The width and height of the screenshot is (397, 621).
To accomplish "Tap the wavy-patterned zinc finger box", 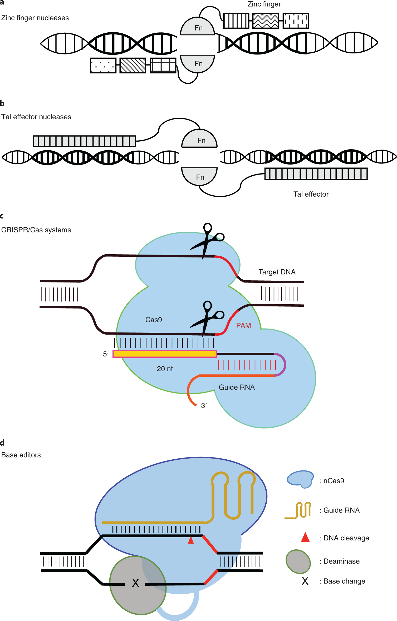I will [x=265, y=21].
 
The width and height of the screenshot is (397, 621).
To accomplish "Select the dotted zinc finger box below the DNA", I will [x=103, y=66].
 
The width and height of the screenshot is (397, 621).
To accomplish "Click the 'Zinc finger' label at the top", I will [x=264, y=4].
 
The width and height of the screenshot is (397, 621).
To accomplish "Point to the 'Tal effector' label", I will [x=311, y=194].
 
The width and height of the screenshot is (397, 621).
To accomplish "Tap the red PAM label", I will [x=243, y=326].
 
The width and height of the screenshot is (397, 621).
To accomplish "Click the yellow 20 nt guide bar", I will [x=165, y=354].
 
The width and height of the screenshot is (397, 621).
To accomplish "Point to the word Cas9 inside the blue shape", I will [x=154, y=320].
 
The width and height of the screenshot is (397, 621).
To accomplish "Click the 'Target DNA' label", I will [x=277, y=272].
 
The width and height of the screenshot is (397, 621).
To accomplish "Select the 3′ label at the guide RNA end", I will [x=204, y=406].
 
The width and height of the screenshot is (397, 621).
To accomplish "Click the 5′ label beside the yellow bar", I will [x=106, y=354].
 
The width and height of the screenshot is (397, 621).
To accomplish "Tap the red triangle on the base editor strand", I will [x=191, y=540].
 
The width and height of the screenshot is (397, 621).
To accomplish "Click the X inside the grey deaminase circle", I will [x=135, y=583].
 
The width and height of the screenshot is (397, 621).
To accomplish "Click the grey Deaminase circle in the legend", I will [x=298, y=562].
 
